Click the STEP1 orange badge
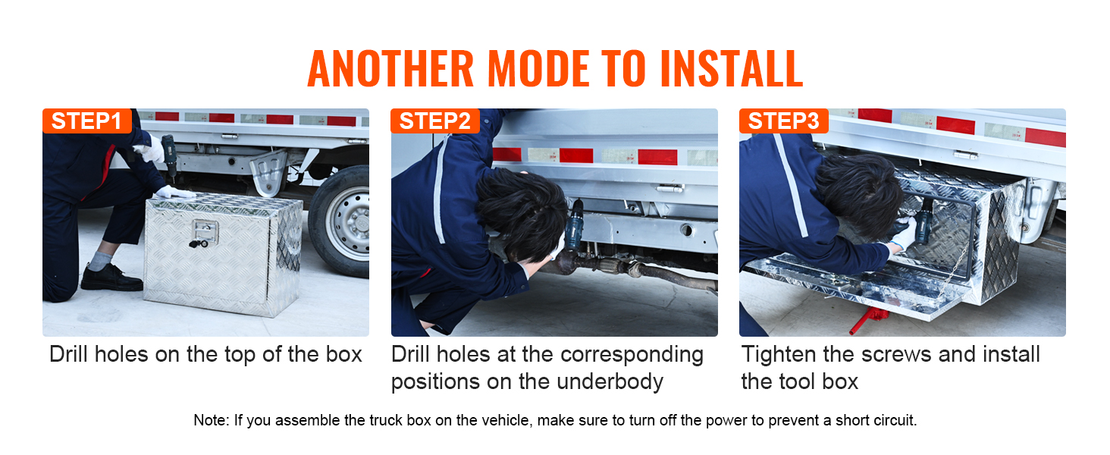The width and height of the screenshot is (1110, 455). click(x=86, y=121)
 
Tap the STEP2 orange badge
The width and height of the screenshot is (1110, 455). click(x=435, y=121)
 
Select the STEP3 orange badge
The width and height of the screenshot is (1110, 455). click(x=783, y=121)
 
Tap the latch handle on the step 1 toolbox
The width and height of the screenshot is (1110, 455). click(x=205, y=232)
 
